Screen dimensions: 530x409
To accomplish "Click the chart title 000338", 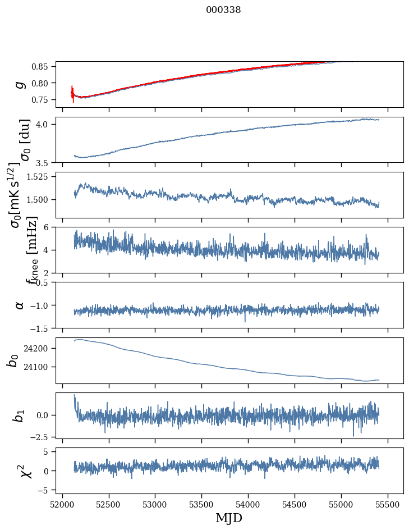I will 223,10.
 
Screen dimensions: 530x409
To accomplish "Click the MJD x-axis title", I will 229,518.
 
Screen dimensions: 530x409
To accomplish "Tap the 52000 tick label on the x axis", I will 62,503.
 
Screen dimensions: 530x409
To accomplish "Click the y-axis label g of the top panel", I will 20,84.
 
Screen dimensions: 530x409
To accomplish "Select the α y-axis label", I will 20,305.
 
